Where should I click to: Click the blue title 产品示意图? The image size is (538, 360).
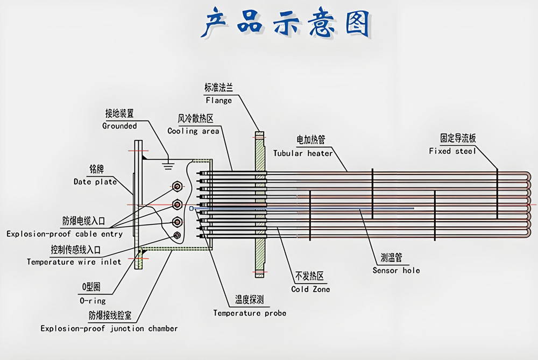tap(285, 24)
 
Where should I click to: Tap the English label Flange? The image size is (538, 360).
tap(218, 100)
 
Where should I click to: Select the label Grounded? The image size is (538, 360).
tap(119, 126)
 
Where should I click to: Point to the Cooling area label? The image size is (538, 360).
tap(193, 131)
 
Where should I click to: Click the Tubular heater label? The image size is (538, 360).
tap(303, 153)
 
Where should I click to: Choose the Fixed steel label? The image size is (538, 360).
tap(452, 151)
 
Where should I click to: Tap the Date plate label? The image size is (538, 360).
tap(95, 182)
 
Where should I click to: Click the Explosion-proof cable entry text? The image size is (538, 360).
tap(65, 234)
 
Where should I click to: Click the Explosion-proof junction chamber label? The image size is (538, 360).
tap(109, 328)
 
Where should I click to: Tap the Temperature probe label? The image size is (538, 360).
tap(250, 313)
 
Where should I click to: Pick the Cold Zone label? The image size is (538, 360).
tap(310, 289)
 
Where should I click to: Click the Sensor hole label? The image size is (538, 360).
tap(396, 270)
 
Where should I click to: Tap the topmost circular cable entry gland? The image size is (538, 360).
tap(177, 187)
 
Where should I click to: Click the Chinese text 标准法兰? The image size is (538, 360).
tap(218, 88)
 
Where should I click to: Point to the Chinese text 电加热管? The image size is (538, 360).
tap(311, 140)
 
